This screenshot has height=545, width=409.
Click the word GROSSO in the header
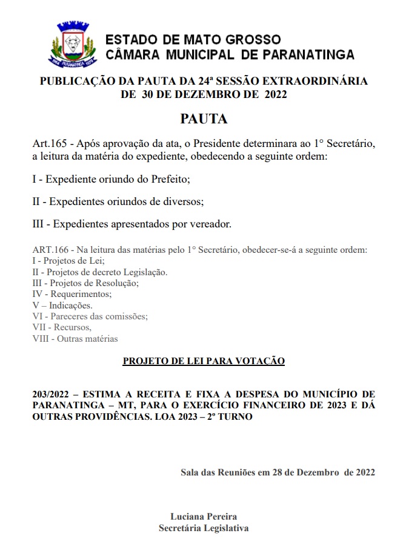tap(253, 40)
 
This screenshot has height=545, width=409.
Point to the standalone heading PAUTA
tap(204, 119)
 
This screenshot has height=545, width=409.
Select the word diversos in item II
tap(180, 201)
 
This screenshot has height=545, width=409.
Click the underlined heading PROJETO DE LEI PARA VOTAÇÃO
tap(204, 361)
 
